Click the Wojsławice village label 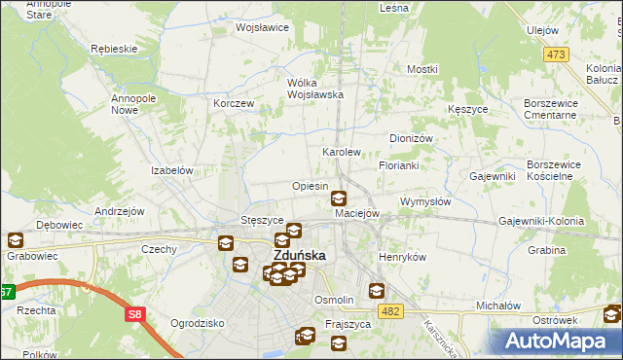click(x=262, y=27)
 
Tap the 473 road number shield click(x=556, y=54)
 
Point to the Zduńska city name click(x=298, y=256)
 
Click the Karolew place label click(x=342, y=153)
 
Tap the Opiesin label click(x=310, y=186)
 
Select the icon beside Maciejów click(x=338, y=198)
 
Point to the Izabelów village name click(x=172, y=169)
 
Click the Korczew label click(x=234, y=103)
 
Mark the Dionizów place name click(x=410, y=138)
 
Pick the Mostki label click(x=422, y=69)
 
